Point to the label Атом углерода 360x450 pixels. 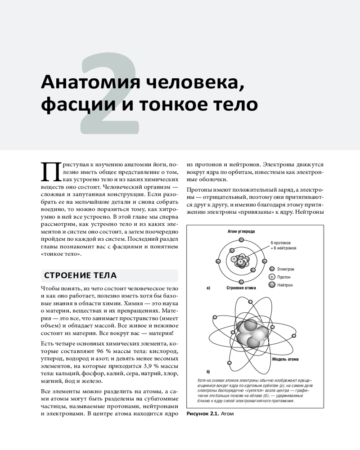click(x=241, y=232)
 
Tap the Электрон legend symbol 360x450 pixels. click(x=271, y=269)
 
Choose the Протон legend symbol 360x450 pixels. click(x=271, y=277)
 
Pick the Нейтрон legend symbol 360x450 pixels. click(x=271, y=285)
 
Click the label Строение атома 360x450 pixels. click(x=241, y=288)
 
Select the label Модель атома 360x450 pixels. click(x=285, y=359)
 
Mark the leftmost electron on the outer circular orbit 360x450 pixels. click(x=218, y=261)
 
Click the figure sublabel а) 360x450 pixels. click(x=208, y=288)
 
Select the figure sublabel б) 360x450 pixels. click(x=208, y=372)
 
